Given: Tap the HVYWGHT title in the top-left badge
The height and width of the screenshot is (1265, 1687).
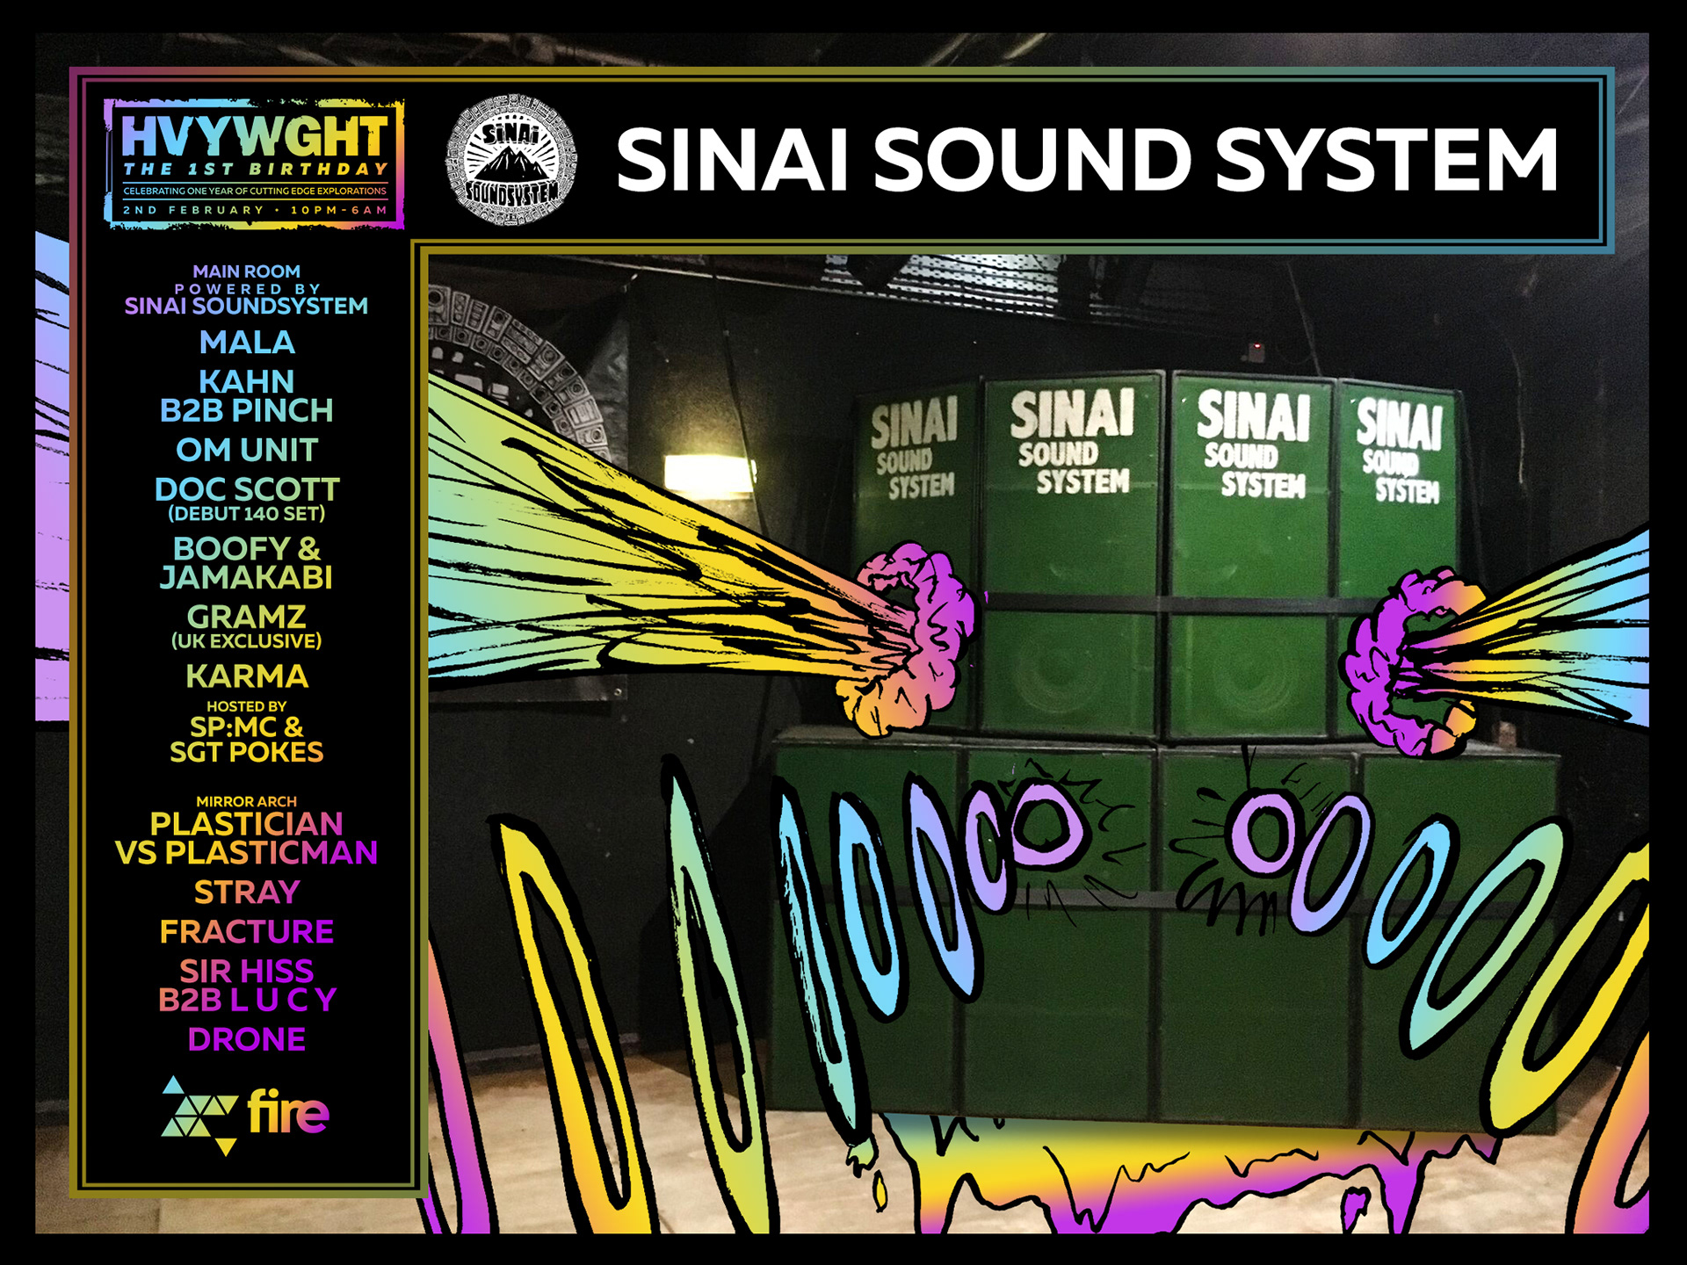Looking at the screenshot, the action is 254,136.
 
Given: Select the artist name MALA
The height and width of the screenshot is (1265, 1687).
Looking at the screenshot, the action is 247,343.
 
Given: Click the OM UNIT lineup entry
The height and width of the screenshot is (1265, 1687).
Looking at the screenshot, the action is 247,450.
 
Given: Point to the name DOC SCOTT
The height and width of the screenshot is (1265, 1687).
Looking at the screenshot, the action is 247,488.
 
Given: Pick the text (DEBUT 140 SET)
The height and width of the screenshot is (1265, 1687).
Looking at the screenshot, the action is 247,514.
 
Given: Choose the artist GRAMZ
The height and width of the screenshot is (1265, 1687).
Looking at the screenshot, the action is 247,617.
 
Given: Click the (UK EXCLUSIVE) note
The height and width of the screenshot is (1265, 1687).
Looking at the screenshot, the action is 247,641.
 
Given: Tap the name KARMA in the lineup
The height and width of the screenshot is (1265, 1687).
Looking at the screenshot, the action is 247,676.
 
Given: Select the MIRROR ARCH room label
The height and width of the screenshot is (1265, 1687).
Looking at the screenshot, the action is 247,801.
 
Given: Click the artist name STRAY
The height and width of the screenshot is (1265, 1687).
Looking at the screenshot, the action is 247,892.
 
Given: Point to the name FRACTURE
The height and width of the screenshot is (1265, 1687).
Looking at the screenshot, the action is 247,931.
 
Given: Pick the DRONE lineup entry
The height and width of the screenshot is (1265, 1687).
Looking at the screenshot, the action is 247,1039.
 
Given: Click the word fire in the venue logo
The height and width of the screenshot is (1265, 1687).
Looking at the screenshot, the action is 288,1112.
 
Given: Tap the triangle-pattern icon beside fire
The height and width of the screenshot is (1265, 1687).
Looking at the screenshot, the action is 199,1115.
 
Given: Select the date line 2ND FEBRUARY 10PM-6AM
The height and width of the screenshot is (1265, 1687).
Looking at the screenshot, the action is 255,211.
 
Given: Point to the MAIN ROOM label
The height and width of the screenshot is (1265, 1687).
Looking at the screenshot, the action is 247,271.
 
